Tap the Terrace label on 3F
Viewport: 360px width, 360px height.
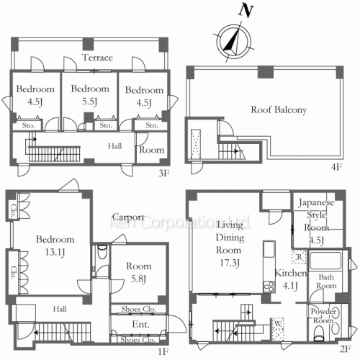(x=97, y=58)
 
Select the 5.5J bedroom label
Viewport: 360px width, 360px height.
(x=90, y=95)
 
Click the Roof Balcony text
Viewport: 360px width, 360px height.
(x=279, y=110)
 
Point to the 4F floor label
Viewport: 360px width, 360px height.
(x=336, y=167)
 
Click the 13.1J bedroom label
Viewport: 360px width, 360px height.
(x=55, y=246)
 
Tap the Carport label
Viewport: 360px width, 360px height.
(x=128, y=217)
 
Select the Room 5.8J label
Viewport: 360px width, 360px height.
(x=139, y=272)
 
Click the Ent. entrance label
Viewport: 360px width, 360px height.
(x=140, y=325)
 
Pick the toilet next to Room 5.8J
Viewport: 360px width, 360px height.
(x=102, y=252)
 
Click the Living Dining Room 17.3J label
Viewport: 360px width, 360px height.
(x=229, y=244)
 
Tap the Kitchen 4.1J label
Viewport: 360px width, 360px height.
(x=290, y=279)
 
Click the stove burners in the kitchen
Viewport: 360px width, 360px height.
(x=269, y=286)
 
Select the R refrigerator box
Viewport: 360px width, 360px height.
(x=300, y=257)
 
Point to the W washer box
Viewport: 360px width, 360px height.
(x=277, y=329)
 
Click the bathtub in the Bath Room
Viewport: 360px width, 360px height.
(x=325, y=261)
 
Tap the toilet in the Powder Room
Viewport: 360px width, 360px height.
(x=319, y=333)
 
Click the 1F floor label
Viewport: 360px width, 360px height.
(x=163, y=351)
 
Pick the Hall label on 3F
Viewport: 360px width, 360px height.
(x=114, y=146)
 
